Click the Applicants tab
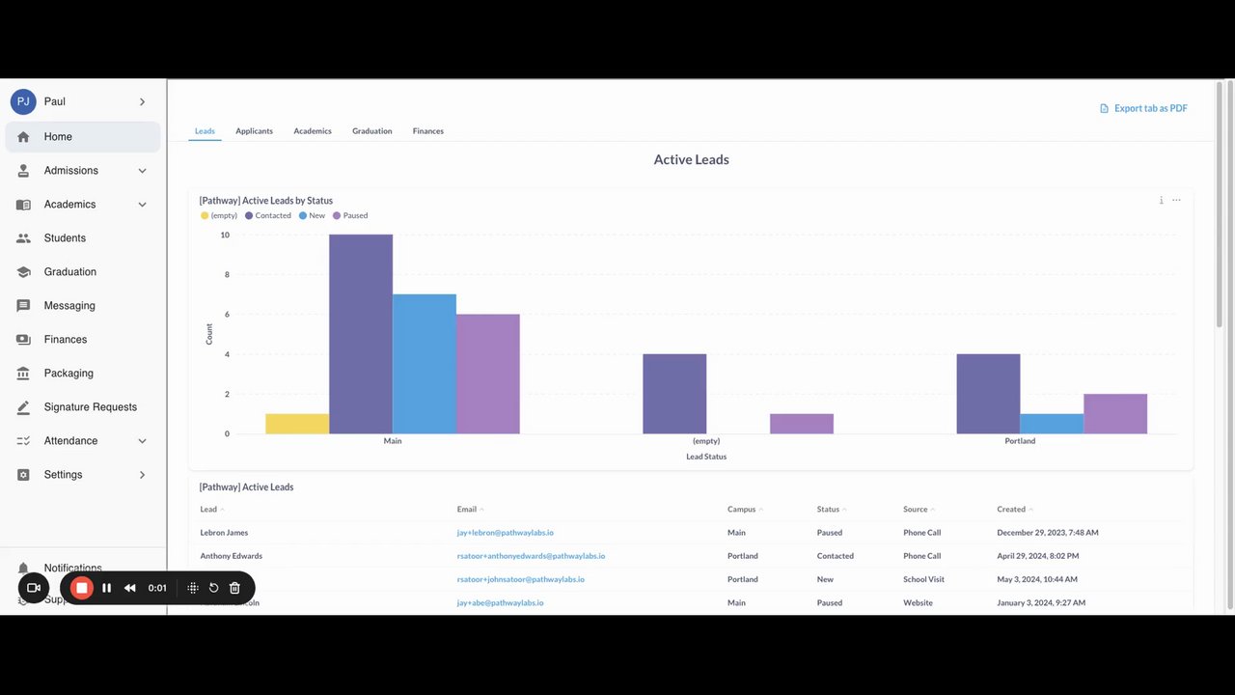(254, 131)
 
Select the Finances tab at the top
(427, 131)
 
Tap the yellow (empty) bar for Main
(297, 424)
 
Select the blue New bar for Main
(425, 364)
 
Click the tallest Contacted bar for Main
(361, 334)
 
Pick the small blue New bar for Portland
(1052, 424)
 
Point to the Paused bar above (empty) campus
(802, 424)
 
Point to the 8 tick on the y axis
(225, 275)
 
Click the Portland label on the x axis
(1020, 441)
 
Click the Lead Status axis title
(706, 457)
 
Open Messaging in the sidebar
(69, 306)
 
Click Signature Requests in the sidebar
(90, 407)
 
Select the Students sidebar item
(65, 238)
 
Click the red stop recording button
(82, 588)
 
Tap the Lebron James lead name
(224, 533)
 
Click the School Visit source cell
(923, 579)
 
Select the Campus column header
(741, 510)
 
